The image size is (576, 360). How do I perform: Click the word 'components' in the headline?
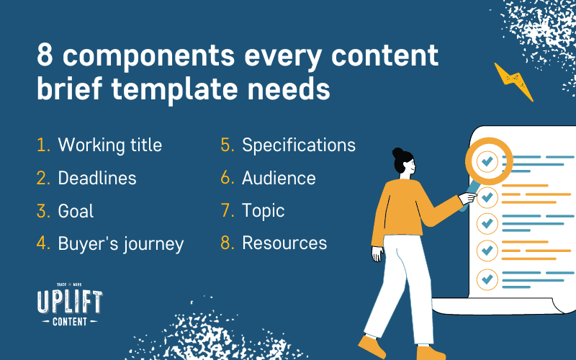[148, 56]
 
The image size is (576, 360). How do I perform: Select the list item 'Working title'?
[110, 145]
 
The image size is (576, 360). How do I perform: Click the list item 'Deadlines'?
[97, 178]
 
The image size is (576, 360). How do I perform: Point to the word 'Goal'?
[76, 211]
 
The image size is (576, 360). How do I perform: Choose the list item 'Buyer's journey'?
[120, 244]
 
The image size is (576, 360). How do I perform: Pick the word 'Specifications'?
[299, 145]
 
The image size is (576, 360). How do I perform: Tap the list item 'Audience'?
[279, 178]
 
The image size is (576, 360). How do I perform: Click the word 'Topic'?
[263, 211]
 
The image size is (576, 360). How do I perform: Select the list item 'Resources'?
[284, 243]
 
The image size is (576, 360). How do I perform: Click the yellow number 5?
[227, 145]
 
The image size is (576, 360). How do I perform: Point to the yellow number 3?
[43, 211]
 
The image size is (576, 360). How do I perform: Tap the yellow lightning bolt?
[513, 81]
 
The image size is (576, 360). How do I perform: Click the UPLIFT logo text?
[70, 302]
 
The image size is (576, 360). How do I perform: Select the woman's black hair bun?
[398, 153]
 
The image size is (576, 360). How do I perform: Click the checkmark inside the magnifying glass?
[487, 161]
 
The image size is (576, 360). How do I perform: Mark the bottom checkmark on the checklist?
[487, 279]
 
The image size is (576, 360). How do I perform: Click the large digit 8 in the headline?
[45, 56]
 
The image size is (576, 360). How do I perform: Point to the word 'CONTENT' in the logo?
[70, 322]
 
